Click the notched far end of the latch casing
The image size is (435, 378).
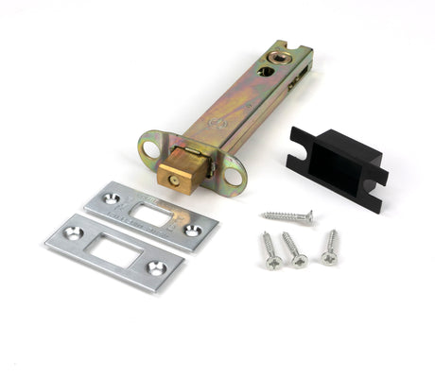tap(293, 51)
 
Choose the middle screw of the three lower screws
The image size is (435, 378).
tap(294, 249)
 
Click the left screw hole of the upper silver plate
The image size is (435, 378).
tap(112, 199)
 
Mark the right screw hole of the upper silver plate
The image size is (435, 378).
tap(192, 230)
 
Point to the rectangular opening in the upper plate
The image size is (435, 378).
tap(151, 215)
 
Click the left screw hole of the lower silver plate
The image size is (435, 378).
tap(74, 232)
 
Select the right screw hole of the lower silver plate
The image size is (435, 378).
tap(155, 267)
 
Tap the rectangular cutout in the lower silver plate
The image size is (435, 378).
tap(114, 250)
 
